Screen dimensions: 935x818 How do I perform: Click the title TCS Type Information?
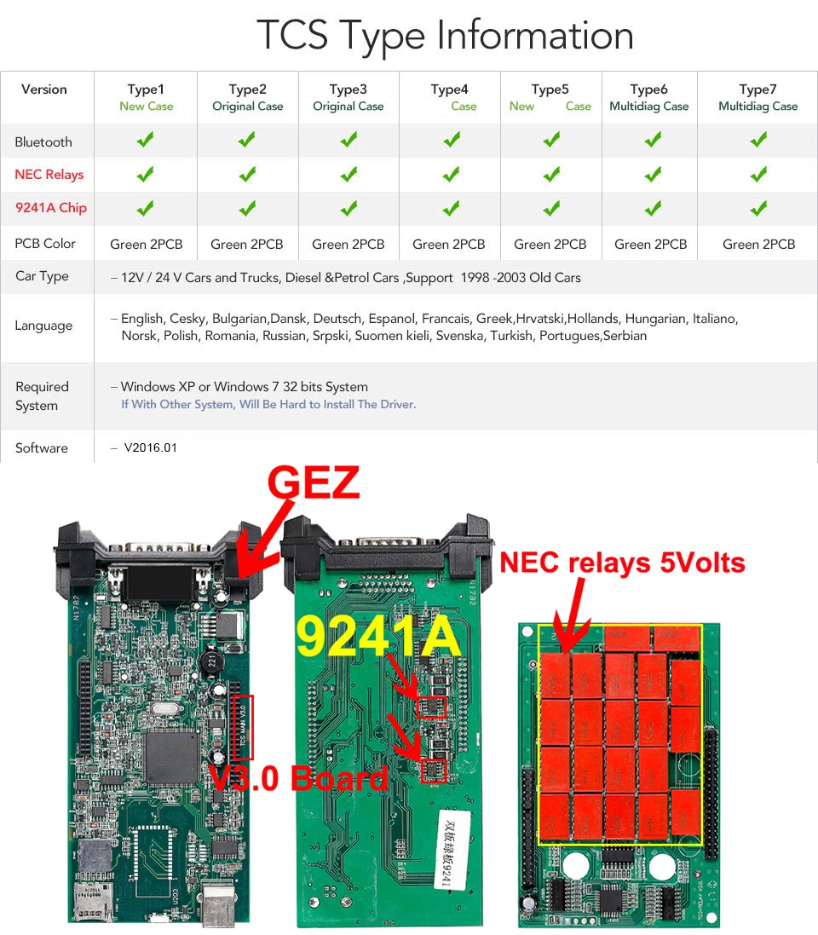pyautogui.click(x=445, y=36)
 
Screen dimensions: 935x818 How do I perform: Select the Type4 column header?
pyautogui.click(x=449, y=89)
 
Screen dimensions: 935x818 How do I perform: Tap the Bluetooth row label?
pyautogui.click(x=43, y=142)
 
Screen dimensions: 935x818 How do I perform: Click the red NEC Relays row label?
pyautogui.click(x=49, y=175)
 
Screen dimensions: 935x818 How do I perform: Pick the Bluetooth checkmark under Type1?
pyautogui.click(x=146, y=140)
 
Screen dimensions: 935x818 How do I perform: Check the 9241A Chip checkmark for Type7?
pyautogui.click(x=758, y=207)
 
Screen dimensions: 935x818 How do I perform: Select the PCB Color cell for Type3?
pyautogui.click(x=348, y=244)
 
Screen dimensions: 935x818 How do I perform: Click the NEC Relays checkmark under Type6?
pyautogui.click(x=653, y=174)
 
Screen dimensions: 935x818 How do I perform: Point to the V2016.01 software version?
pyautogui.click(x=150, y=447)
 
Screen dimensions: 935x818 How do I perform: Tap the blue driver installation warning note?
pyautogui.click(x=268, y=404)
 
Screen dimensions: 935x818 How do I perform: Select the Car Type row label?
pyautogui.click(x=42, y=276)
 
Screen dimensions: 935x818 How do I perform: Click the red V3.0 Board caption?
pyautogui.click(x=298, y=777)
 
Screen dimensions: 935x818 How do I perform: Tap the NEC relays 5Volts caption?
pyautogui.click(x=622, y=563)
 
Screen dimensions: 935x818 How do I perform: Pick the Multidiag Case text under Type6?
pyautogui.click(x=648, y=107)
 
